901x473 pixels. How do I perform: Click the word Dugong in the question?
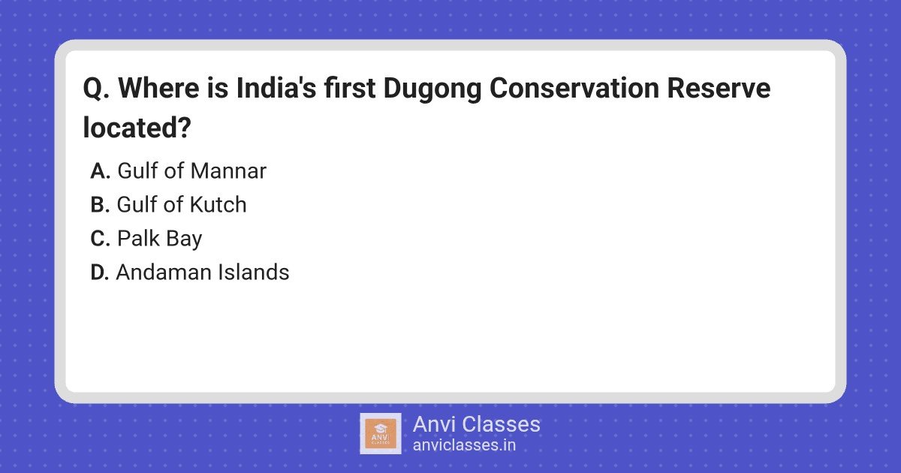pos(432,89)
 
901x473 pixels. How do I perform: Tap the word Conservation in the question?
pos(574,88)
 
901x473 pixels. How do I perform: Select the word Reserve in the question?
pos(719,88)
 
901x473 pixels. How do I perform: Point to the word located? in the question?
pos(137,128)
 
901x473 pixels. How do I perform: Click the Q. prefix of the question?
pos(96,89)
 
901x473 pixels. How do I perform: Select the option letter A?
pos(100,170)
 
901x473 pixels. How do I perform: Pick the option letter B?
pos(100,204)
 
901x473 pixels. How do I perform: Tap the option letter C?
pos(100,238)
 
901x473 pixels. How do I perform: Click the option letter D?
pos(100,272)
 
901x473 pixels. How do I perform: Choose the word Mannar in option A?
pos(228,171)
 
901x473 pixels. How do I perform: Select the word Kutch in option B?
pos(218,204)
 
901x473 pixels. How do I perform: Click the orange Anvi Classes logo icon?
pos(381,434)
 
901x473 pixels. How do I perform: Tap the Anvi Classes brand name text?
pos(477,424)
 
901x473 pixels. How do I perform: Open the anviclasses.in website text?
pos(464,445)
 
